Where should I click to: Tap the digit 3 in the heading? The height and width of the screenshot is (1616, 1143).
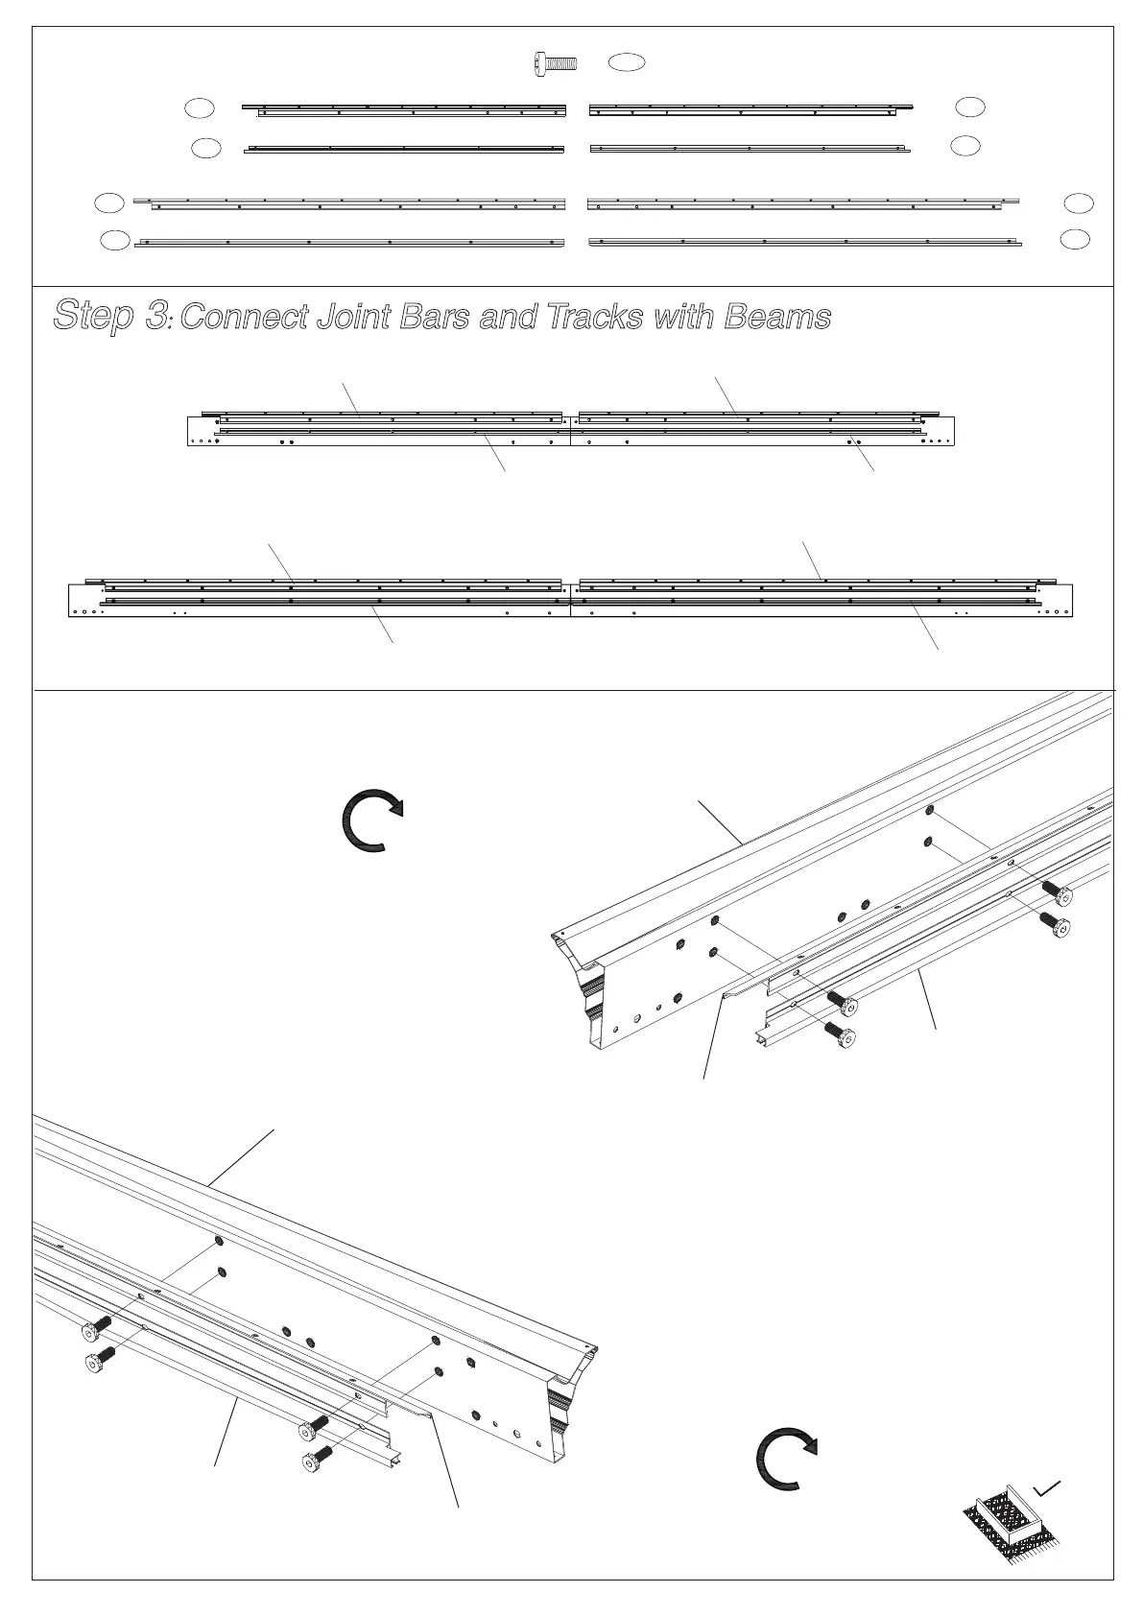tap(155, 316)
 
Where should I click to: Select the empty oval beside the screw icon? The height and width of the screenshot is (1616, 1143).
tap(627, 62)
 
